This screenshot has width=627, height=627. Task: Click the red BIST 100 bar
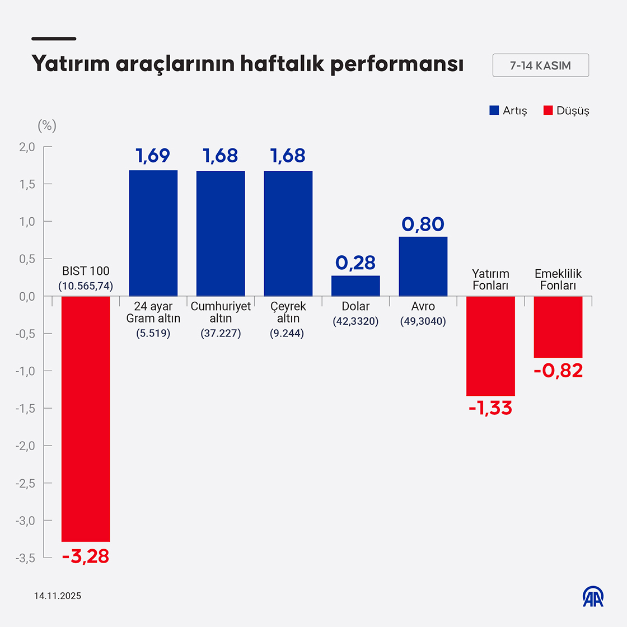tap(86, 419)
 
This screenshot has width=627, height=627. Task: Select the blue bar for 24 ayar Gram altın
tap(153, 233)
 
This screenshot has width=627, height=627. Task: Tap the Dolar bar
tap(355, 286)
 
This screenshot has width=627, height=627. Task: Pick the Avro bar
tap(423, 266)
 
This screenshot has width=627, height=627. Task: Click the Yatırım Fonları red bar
tap(490, 346)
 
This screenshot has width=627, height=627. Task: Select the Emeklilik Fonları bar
tap(558, 327)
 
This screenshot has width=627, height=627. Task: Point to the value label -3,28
tap(86, 556)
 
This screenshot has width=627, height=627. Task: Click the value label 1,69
tap(153, 156)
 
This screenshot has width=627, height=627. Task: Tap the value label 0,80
tap(423, 224)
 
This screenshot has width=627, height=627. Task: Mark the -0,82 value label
tap(558, 371)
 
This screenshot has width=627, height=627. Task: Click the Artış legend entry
tap(508, 110)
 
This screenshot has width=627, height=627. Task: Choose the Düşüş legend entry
tap(567, 110)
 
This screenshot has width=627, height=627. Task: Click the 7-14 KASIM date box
tap(540, 65)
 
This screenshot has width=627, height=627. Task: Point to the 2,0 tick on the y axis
tap(27, 147)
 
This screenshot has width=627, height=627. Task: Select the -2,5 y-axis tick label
tap(25, 483)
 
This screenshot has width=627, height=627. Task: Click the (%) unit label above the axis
tap(47, 125)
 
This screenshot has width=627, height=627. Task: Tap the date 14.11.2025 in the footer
tap(58, 596)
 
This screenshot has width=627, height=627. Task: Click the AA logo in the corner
tap(593, 597)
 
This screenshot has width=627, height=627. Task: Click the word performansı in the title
tap(397, 64)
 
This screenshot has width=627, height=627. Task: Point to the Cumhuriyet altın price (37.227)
tap(221, 333)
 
